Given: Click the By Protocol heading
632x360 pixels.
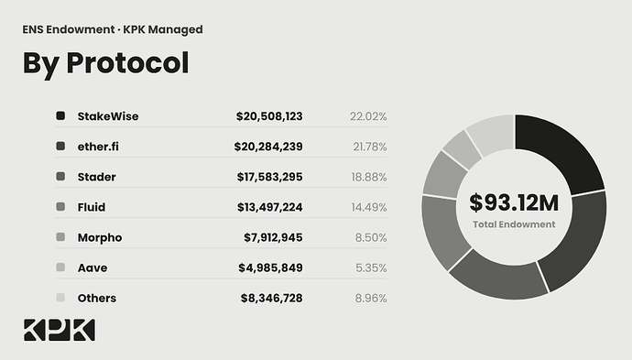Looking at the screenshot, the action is (x=105, y=63).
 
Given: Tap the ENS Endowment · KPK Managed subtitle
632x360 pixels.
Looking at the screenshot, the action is (x=113, y=30).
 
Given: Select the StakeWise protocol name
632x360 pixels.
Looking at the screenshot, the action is (x=108, y=116).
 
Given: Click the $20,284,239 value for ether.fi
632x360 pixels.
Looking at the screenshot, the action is (x=268, y=147).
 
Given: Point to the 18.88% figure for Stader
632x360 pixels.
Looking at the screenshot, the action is (x=369, y=177).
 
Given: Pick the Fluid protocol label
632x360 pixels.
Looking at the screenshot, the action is (x=92, y=207).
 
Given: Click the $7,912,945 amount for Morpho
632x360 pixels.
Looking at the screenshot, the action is (x=273, y=237).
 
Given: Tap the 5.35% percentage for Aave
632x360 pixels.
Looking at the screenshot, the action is (x=371, y=267).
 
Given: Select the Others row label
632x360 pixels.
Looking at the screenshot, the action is (x=97, y=298).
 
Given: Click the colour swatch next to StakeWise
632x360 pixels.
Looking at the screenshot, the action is (x=60, y=115).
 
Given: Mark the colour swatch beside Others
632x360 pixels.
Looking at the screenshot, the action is (x=60, y=298).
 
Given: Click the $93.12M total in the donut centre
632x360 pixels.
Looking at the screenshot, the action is (x=514, y=202).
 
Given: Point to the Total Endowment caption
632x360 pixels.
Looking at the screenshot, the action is (x=514, y=224).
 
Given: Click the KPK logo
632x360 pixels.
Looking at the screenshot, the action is (x=60, y=330).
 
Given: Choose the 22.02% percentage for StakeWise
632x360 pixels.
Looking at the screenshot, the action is (x=368, y=116).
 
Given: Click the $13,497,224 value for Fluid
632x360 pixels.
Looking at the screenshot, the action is (x=269, y=207).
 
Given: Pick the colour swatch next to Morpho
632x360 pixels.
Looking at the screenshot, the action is (x=60, y=236).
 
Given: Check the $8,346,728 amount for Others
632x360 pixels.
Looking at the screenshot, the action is (x=272, y=298).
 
